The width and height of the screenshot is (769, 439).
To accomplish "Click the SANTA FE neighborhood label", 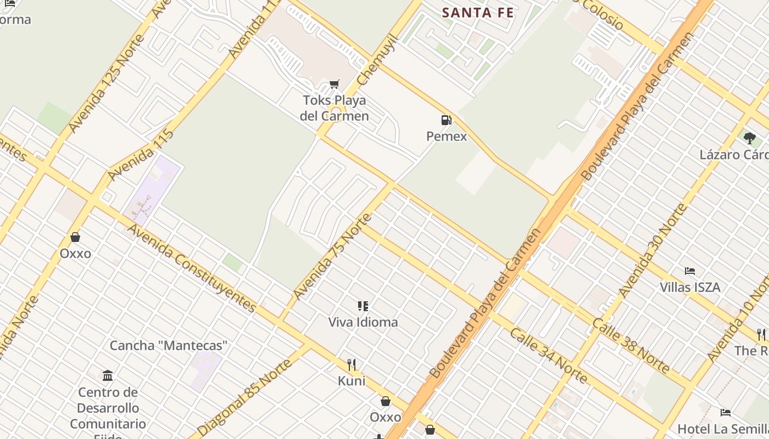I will coord(478,13).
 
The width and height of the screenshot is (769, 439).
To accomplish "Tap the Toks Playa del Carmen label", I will coord(334,108).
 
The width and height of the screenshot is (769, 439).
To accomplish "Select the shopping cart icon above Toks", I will coord(334,84).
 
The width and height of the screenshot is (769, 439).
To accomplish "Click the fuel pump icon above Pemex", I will coord(447,120).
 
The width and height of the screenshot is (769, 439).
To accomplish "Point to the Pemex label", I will coord(447,136).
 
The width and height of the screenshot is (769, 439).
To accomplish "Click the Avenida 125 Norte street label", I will coord(107,83).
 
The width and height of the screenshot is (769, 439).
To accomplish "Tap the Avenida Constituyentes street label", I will coord(192,268).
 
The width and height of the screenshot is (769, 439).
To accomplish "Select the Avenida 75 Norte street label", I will coord(332,256).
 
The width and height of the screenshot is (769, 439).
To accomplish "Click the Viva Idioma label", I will coord(363,322).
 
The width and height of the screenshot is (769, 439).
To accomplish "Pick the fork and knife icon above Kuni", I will coord(352,364).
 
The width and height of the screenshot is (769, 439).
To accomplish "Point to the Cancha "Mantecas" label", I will coord(169,345).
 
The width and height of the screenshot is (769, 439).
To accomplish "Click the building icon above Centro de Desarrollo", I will coord(108,376).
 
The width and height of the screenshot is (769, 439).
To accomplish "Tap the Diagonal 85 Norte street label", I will coord(245,397).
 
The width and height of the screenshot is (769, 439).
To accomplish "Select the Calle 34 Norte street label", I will coord(548,355).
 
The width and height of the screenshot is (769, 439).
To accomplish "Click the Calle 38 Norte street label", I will coord(630,345).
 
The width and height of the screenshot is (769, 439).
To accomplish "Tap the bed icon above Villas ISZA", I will coord(690,271).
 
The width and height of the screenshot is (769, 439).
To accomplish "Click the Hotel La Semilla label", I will coord(723,429).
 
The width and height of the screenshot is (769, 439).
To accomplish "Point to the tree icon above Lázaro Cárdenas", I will coord(749,138).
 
